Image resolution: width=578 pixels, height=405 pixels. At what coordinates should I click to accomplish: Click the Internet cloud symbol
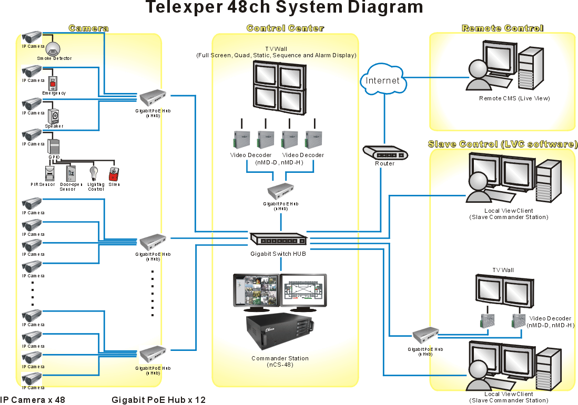coord(383,80)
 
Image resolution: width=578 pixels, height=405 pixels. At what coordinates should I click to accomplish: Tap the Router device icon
coord(385,153)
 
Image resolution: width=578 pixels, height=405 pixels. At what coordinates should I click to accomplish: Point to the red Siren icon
coord(113,174)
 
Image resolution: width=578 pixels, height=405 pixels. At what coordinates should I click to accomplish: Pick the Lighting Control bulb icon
coord(95,173)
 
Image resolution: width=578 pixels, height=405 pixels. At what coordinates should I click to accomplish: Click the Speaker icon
coord(54,116)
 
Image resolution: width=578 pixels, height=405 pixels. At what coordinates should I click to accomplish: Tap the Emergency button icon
coord(53,82)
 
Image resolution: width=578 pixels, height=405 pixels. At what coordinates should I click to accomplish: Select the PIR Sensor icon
coord(49,173)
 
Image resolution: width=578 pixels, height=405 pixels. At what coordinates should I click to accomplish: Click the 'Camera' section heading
coord(88,28)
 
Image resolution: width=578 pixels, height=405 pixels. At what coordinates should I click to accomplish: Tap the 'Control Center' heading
coord(285,28)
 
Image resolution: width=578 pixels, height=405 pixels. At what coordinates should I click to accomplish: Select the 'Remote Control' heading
coord(502,28)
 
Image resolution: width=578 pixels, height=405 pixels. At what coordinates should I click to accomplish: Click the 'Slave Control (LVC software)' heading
coord(503,144)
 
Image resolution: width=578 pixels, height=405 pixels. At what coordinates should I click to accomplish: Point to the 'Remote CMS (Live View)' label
coord(506,98)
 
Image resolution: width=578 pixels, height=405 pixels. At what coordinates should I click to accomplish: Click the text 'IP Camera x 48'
coord(33,400)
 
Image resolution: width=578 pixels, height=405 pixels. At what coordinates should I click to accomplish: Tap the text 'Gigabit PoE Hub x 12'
coord(158,400)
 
